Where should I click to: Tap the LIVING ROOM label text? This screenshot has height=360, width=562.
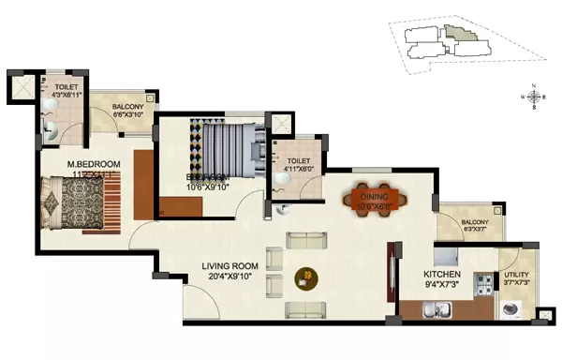click(230, 265)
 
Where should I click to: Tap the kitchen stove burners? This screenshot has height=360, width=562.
click(482, 280)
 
